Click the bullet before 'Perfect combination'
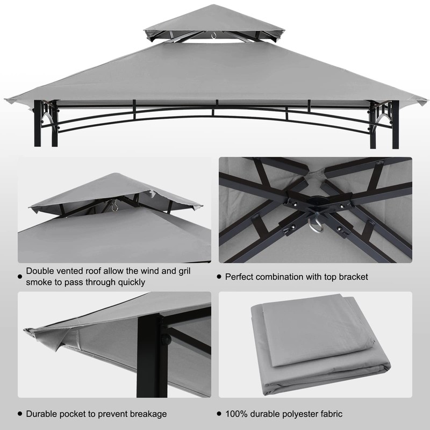219,277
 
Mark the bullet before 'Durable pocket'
20,414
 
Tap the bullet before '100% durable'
219,414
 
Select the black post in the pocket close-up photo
148,355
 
